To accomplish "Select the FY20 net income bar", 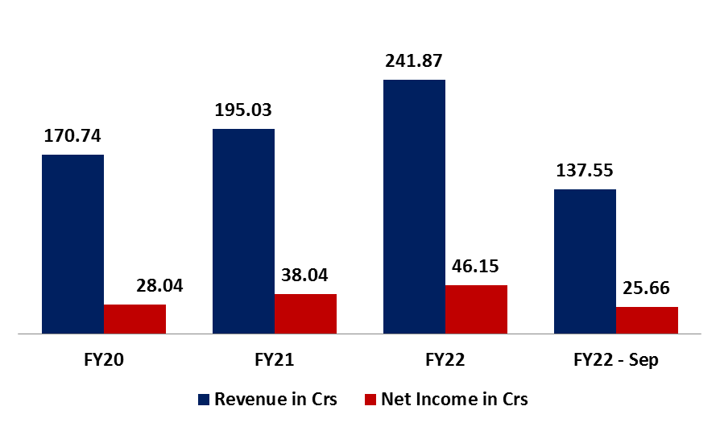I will click(134, 318).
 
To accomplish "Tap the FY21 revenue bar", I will click(243, 230).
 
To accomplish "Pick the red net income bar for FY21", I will click(305, 313).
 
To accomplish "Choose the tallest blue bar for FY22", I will click(414, 206).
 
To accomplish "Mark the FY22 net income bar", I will click(476, 309).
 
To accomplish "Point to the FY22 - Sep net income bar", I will click(647, 320).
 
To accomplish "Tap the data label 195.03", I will click(243, 110).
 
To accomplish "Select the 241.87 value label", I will click(414, 61).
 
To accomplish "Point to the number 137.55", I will click(585, 171).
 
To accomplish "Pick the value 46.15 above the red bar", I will click(476, 267).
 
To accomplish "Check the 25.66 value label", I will click(647, 288).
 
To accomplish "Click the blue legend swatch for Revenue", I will click(204, 399).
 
